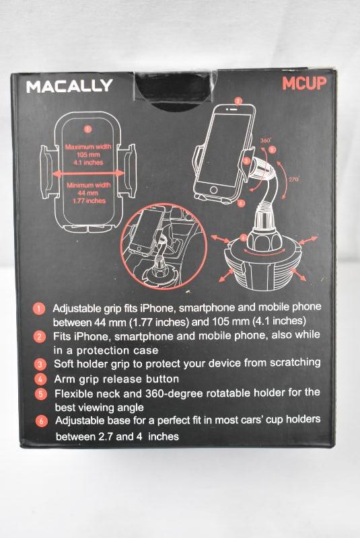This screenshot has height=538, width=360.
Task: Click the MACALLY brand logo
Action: [69, 86]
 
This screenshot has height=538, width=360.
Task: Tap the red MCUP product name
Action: [303, 83]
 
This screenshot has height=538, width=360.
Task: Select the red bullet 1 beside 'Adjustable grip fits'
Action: [39, 309]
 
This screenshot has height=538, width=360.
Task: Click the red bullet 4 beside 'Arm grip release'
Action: [40, 379]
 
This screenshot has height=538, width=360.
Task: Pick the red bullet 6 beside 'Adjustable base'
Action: [42, 421]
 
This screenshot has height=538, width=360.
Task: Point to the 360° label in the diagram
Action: [265, 141]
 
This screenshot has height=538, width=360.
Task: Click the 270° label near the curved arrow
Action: [294, 179]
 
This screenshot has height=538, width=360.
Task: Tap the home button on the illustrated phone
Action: [213, 190]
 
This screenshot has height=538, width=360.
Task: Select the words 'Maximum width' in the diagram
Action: [88, 147]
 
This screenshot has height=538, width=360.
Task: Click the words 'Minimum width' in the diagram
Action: [89, 186]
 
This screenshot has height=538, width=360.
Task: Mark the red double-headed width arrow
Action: [89, 174]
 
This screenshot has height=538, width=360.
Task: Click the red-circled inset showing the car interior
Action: [164, 245]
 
